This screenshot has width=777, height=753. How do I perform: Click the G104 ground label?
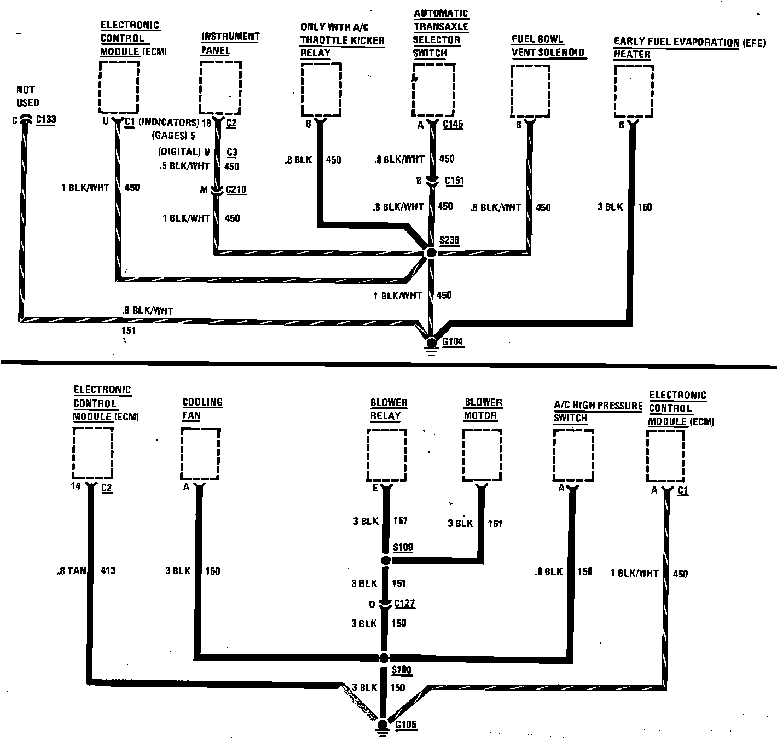point(453,342)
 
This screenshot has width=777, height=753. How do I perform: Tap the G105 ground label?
point(405,725)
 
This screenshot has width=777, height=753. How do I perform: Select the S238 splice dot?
point(431,252)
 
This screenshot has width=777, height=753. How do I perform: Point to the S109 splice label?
point(403,547)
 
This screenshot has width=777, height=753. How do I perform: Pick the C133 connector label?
point(46,120)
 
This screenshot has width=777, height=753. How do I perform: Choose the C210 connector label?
point(236,190)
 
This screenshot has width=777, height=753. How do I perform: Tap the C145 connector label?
point(453,124)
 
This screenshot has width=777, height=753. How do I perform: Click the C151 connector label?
point(454,181)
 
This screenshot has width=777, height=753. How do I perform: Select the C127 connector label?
point(404,604)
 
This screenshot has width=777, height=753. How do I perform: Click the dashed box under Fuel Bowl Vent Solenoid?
point(530,91)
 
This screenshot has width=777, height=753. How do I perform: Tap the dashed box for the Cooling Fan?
point(200,454)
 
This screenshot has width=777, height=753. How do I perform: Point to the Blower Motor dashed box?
point(482,455)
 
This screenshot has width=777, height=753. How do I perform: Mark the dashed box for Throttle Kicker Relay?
point(321,89)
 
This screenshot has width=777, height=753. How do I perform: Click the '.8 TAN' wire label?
point(72,571)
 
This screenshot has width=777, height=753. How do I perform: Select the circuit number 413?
point(108,571)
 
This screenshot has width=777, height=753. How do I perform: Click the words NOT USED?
point(27,96)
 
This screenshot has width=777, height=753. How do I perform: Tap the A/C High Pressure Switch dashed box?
point(573,455)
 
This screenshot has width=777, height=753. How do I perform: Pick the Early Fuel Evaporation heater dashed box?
point(633,91)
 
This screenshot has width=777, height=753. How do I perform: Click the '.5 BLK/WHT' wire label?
point(184,166)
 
